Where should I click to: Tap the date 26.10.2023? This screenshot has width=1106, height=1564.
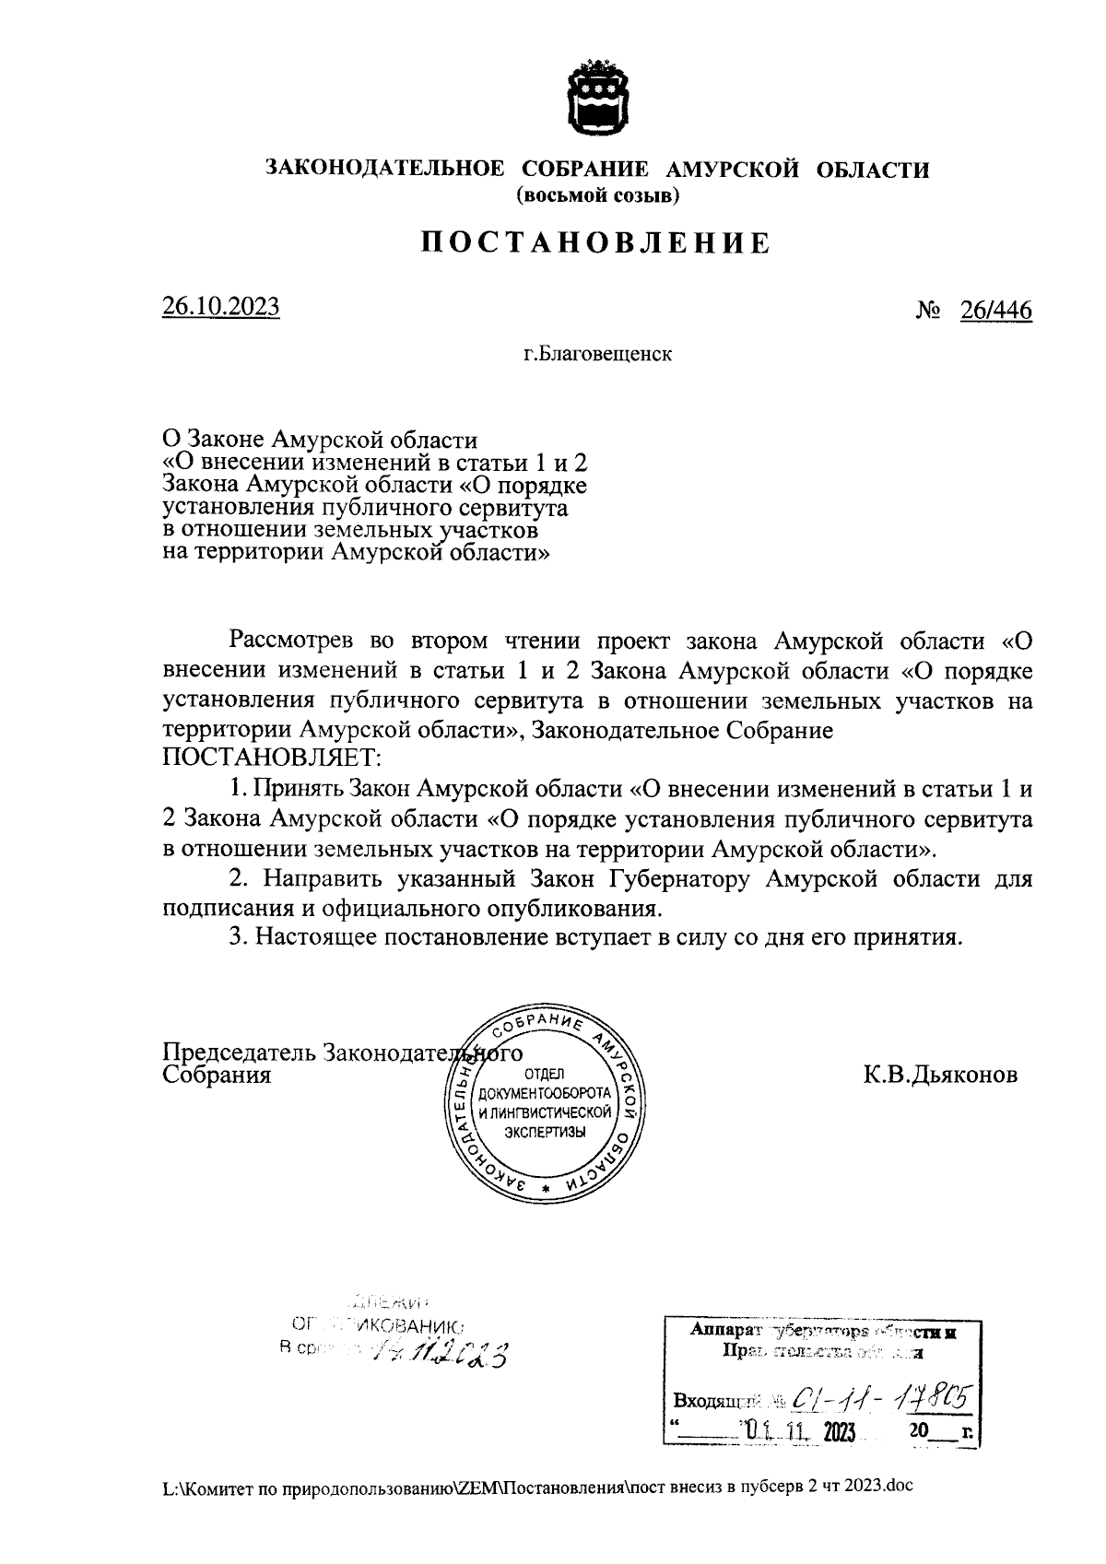221,307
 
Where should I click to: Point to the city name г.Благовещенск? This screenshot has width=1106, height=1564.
598,353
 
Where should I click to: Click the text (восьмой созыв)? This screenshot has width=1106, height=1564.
597,195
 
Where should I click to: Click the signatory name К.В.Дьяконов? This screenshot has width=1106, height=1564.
940,1075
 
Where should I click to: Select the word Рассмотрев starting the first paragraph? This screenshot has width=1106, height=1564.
293,641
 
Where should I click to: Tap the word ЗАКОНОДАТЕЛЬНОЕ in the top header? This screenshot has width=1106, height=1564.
385,169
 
